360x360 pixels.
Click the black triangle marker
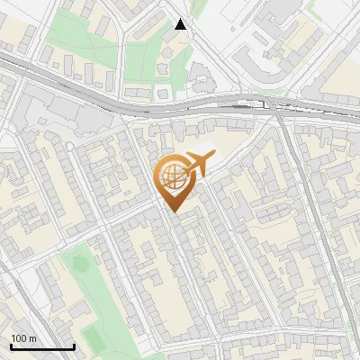[181, 24]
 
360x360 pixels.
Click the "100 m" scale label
[24, 338]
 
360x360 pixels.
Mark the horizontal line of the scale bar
[42, 346]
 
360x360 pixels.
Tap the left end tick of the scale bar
[11, 345]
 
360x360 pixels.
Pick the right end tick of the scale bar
[74, 345]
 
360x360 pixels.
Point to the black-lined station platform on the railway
[243, 104]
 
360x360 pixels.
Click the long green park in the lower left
[94, 288]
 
